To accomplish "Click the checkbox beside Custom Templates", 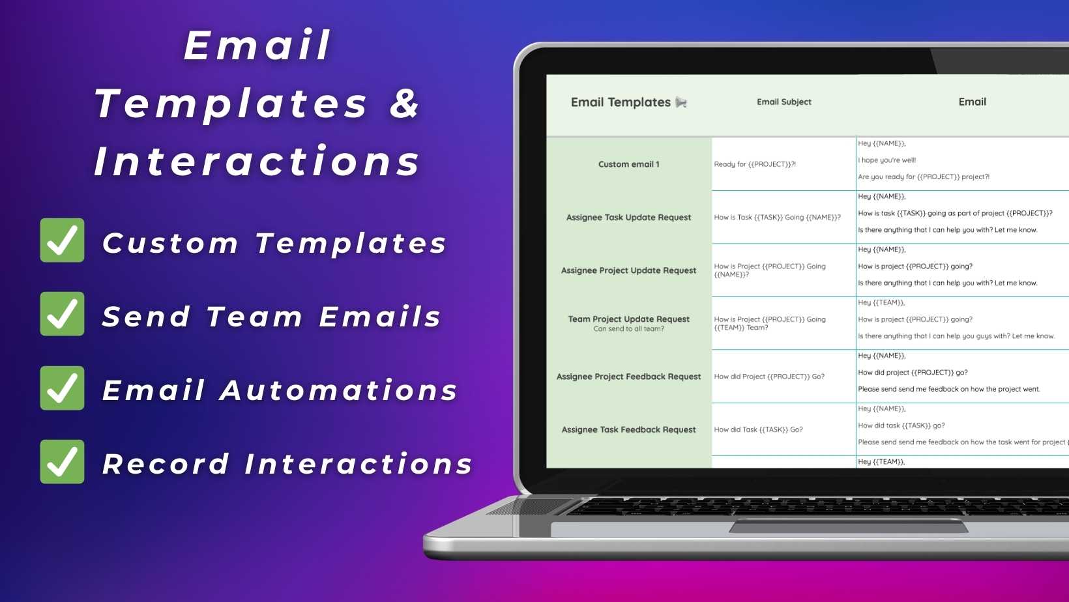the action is (x=62, y=240).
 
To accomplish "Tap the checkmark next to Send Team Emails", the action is (x=62, y=314).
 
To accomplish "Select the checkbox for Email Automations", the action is (x=62, y=388).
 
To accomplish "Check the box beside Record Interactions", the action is (x=62, y=462).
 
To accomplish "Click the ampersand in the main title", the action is (x=404, y=103).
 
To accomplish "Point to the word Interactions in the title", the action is (x=257, y=161).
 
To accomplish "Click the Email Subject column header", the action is (x=783, y=102).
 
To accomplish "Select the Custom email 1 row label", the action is (x=628, y=164).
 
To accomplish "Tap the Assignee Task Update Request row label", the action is (x=628, y=218).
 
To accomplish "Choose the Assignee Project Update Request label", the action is (x=628, y=270).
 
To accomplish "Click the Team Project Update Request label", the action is (x=628, y=319).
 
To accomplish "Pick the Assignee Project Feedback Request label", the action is (x=628, y=377).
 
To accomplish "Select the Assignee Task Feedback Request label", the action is (x=628, y=429).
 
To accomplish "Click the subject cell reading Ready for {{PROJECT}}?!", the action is (x=755, y=164).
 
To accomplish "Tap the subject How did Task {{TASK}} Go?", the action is (x=758, y=429).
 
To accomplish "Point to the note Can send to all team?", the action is (x=628, y=328).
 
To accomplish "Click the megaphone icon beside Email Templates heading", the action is (x=681, y=102).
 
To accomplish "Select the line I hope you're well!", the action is (x=886, y=160).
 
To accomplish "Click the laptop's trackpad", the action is (x=848, y=526).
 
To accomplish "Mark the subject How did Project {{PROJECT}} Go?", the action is (x=769, y=377).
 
